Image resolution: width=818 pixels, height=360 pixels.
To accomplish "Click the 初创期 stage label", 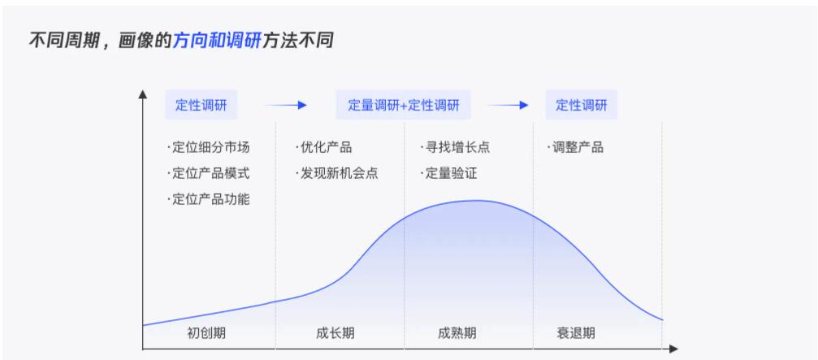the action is [x=206, y=333].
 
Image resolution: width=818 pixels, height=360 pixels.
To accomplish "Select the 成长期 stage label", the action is [x=335, y=333].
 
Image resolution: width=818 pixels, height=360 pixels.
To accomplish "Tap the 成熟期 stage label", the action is [x=457, y=333].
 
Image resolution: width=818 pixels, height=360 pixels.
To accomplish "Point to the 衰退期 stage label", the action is [x=575, y=333].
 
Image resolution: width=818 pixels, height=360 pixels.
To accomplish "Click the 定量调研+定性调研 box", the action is [x=403, y=105].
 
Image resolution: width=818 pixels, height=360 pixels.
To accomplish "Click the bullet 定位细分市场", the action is [x=209, y=147].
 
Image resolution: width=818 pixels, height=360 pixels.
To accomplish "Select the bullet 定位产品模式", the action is [x=209, y=173].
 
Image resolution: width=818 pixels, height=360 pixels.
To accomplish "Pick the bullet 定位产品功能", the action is [x=209, y=199].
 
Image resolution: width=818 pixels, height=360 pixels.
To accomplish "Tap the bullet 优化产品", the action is [x=324, y=147].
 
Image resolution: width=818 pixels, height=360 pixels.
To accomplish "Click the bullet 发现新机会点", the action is [x=337, y=173].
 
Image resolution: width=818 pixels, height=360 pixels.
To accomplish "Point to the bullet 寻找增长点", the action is [x=456, y=147].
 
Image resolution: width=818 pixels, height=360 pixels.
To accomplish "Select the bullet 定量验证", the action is [x=449, y=173].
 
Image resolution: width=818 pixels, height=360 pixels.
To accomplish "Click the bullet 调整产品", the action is [x=575, y=147].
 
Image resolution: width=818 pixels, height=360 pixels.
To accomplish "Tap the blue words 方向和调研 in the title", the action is [x=217, y=40].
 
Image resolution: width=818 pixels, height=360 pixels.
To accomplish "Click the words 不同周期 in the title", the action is [x=63, y=40].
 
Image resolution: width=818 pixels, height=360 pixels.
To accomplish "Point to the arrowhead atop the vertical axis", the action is [x=142, y=94].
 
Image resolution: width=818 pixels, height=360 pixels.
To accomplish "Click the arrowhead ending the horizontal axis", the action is [x=673, y=349].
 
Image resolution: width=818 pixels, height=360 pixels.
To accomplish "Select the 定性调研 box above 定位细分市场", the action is [x=201, y=105].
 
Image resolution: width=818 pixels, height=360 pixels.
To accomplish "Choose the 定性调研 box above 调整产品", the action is [x=581, y=105].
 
